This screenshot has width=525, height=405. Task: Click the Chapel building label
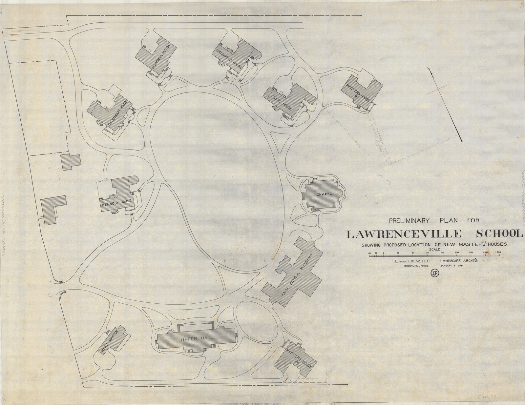coord(324,194)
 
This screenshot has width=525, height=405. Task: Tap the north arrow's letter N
coord(429,69)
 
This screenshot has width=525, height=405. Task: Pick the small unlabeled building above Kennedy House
coord(71,162)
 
